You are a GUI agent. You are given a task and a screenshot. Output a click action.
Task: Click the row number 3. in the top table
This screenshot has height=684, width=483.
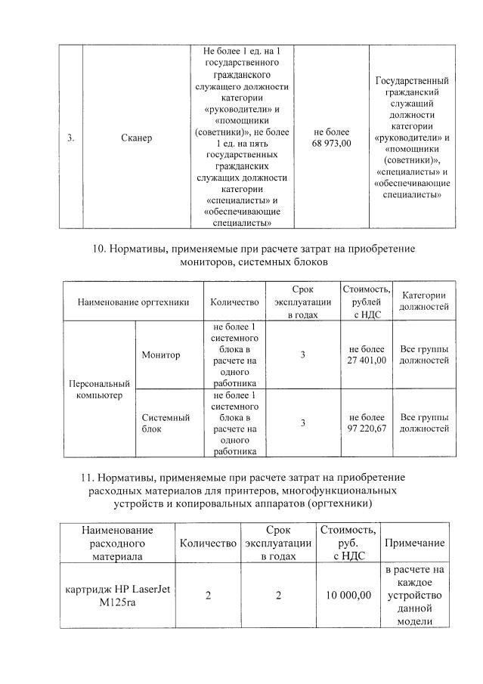70,138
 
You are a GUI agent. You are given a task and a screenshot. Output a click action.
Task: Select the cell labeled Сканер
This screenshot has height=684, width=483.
136,138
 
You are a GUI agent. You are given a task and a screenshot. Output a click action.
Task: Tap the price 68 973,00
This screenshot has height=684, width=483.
331,144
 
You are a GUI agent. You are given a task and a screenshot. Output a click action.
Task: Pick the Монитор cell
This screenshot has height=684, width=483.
161,355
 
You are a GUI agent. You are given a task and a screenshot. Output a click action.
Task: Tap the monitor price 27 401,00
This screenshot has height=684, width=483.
367,361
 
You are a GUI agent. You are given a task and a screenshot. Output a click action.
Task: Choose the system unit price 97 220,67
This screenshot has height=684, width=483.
367,429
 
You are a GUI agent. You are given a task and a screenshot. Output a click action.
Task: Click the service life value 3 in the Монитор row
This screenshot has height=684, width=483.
302,355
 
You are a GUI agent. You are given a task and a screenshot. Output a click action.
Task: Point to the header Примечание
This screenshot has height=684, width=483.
414,543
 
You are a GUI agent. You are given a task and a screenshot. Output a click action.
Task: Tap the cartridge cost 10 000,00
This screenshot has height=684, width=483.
348,596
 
